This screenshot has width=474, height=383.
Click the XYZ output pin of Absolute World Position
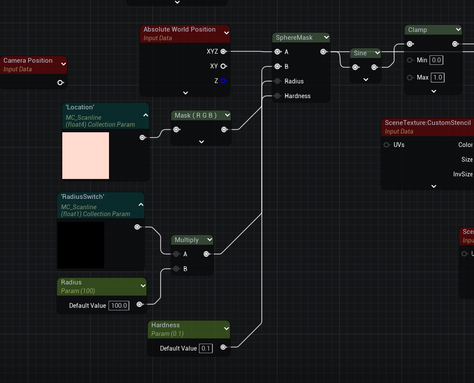pos(223,51)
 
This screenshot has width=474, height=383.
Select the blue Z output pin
pos(223,81)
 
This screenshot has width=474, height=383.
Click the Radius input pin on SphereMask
pos(277,81)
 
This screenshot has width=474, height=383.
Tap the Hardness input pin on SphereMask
pos(277,96)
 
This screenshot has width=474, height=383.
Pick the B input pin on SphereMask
pos(277,67)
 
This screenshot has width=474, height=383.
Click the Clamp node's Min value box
pos(436,60)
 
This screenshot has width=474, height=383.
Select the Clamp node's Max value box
pos(438,77)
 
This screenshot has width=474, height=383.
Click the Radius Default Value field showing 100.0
pos(118,306)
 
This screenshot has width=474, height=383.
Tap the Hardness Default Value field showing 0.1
pos(205,348)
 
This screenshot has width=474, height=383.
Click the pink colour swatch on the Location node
pos(86,156)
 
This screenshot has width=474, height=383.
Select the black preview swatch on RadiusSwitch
pos(81,245)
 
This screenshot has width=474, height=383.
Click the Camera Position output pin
pos(60,83)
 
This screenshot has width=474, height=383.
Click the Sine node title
pos(360,53)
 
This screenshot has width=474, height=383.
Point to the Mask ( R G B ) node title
pos(195,115)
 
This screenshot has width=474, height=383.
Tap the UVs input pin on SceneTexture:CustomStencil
pos(387,145)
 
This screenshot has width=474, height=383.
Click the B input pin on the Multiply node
pos(176,269)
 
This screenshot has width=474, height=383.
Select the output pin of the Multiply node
pos(206,254)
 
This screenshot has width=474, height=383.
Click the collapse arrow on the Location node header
pos(145,115)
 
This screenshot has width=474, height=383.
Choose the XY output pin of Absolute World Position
pos(223,66)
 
